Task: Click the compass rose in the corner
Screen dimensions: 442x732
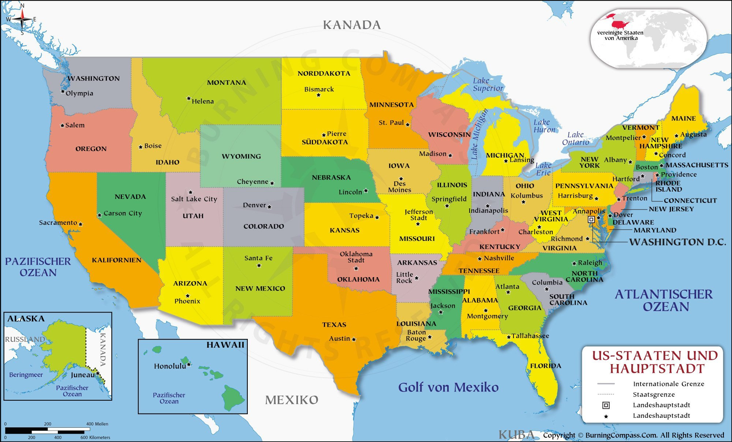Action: (x=22, y=19)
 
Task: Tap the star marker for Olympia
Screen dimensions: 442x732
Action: (x=63, y=91)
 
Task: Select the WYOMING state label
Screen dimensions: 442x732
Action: (x=241, y=156)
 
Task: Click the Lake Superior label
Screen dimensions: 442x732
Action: (x=488, y=84)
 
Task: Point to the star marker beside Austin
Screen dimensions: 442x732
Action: (x=354, y=339)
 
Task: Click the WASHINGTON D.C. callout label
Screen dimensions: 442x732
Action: (x=677, y=242)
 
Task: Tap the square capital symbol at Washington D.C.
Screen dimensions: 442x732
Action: (x=591, y=219)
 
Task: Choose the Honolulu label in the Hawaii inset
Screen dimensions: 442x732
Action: (x=170, y=366)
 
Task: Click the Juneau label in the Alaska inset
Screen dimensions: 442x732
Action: (x=83, y=375)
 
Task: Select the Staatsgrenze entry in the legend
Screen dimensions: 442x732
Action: (x=654, y=394)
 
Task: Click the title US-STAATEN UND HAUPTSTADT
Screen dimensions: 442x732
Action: (x=655, y=362)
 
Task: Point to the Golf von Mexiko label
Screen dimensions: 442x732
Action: (x=448, y=387)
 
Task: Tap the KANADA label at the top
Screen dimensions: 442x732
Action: (x=352, y=25)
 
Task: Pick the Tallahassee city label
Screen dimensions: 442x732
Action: (x=530, y=336)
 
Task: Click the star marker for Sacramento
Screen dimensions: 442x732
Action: (x=81, y=224)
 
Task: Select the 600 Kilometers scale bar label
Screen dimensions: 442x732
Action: (x=95, y=437)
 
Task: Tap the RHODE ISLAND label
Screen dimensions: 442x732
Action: (x=668, y=186)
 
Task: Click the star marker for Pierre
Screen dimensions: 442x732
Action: (x=324, y=135)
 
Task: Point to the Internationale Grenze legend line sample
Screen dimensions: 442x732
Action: (x=606, y=384)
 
